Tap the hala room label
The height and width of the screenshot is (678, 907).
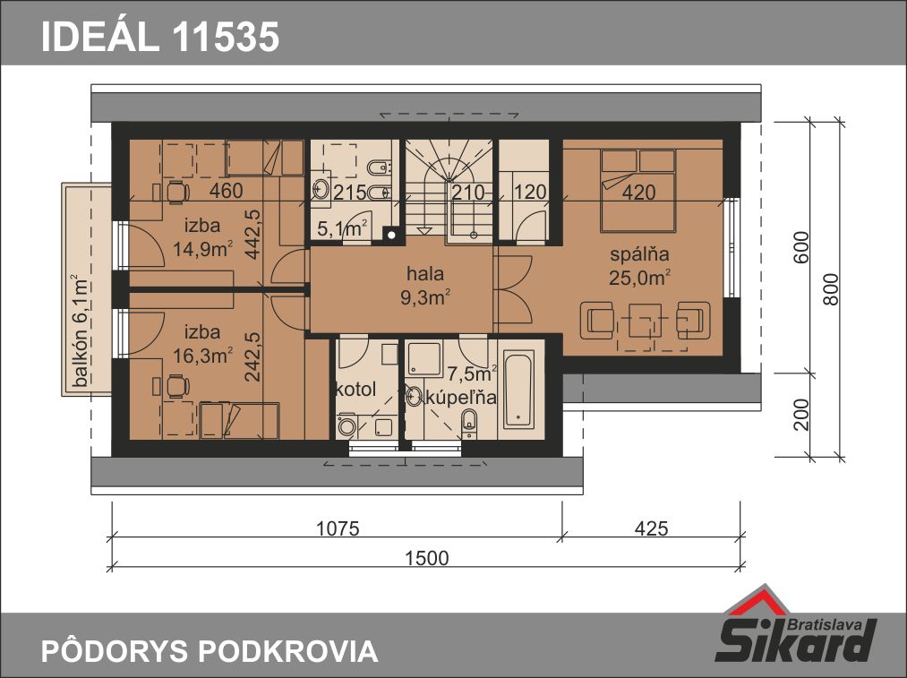point(425,273)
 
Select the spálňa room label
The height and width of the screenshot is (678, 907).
point(640,254)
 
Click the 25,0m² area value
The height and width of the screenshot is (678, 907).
point(640,278)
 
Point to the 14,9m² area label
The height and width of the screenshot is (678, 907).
point(203,249)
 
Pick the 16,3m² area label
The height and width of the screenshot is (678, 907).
point(203,356)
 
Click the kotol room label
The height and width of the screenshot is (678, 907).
point(355,389)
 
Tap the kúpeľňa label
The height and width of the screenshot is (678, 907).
point(460,397)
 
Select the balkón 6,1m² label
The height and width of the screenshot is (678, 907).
point(80,330)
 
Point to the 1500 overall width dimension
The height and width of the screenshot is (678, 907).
point(426,558)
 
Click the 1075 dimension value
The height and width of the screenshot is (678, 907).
point(338,528)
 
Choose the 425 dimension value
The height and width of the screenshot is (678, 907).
point(651,528)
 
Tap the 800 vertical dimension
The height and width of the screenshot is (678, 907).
point(830,289)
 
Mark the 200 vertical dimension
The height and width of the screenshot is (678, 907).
point(801,414)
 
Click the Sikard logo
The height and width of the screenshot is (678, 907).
point(797,625)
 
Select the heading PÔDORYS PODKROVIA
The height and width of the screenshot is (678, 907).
point(210,651)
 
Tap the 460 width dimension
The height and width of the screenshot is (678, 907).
point(226,191)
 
